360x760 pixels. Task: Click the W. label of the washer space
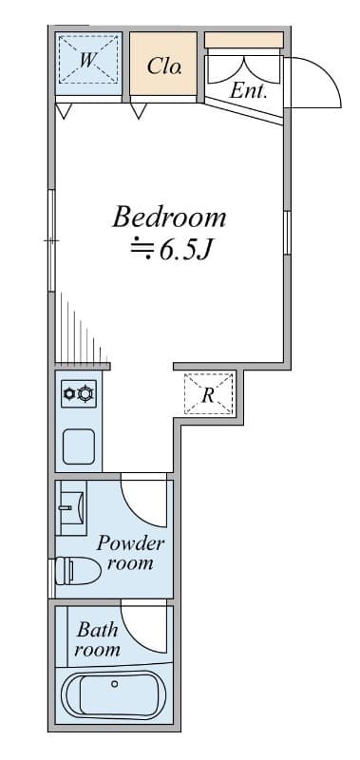tap(87, 61)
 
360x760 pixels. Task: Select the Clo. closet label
tap(164, 66)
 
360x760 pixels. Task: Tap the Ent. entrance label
tap(248, 90)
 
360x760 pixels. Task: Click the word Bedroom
tap(169, 218)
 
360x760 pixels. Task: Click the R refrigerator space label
tap(208, 395)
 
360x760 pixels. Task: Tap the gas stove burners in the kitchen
tap(79, 393)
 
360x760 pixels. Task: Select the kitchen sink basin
tap(79, 446)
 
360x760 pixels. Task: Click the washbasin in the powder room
tap(71, 507)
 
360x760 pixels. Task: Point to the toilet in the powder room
tap(78, 571)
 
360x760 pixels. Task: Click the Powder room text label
tap(130, 553)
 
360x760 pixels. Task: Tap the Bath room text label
tap(98, 639)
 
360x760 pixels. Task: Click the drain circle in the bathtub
tap(114, 684)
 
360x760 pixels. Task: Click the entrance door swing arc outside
tap(330, 73)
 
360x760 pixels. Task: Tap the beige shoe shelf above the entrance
tap(244, 40)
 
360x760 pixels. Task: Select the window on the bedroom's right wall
tap(287, 233)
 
